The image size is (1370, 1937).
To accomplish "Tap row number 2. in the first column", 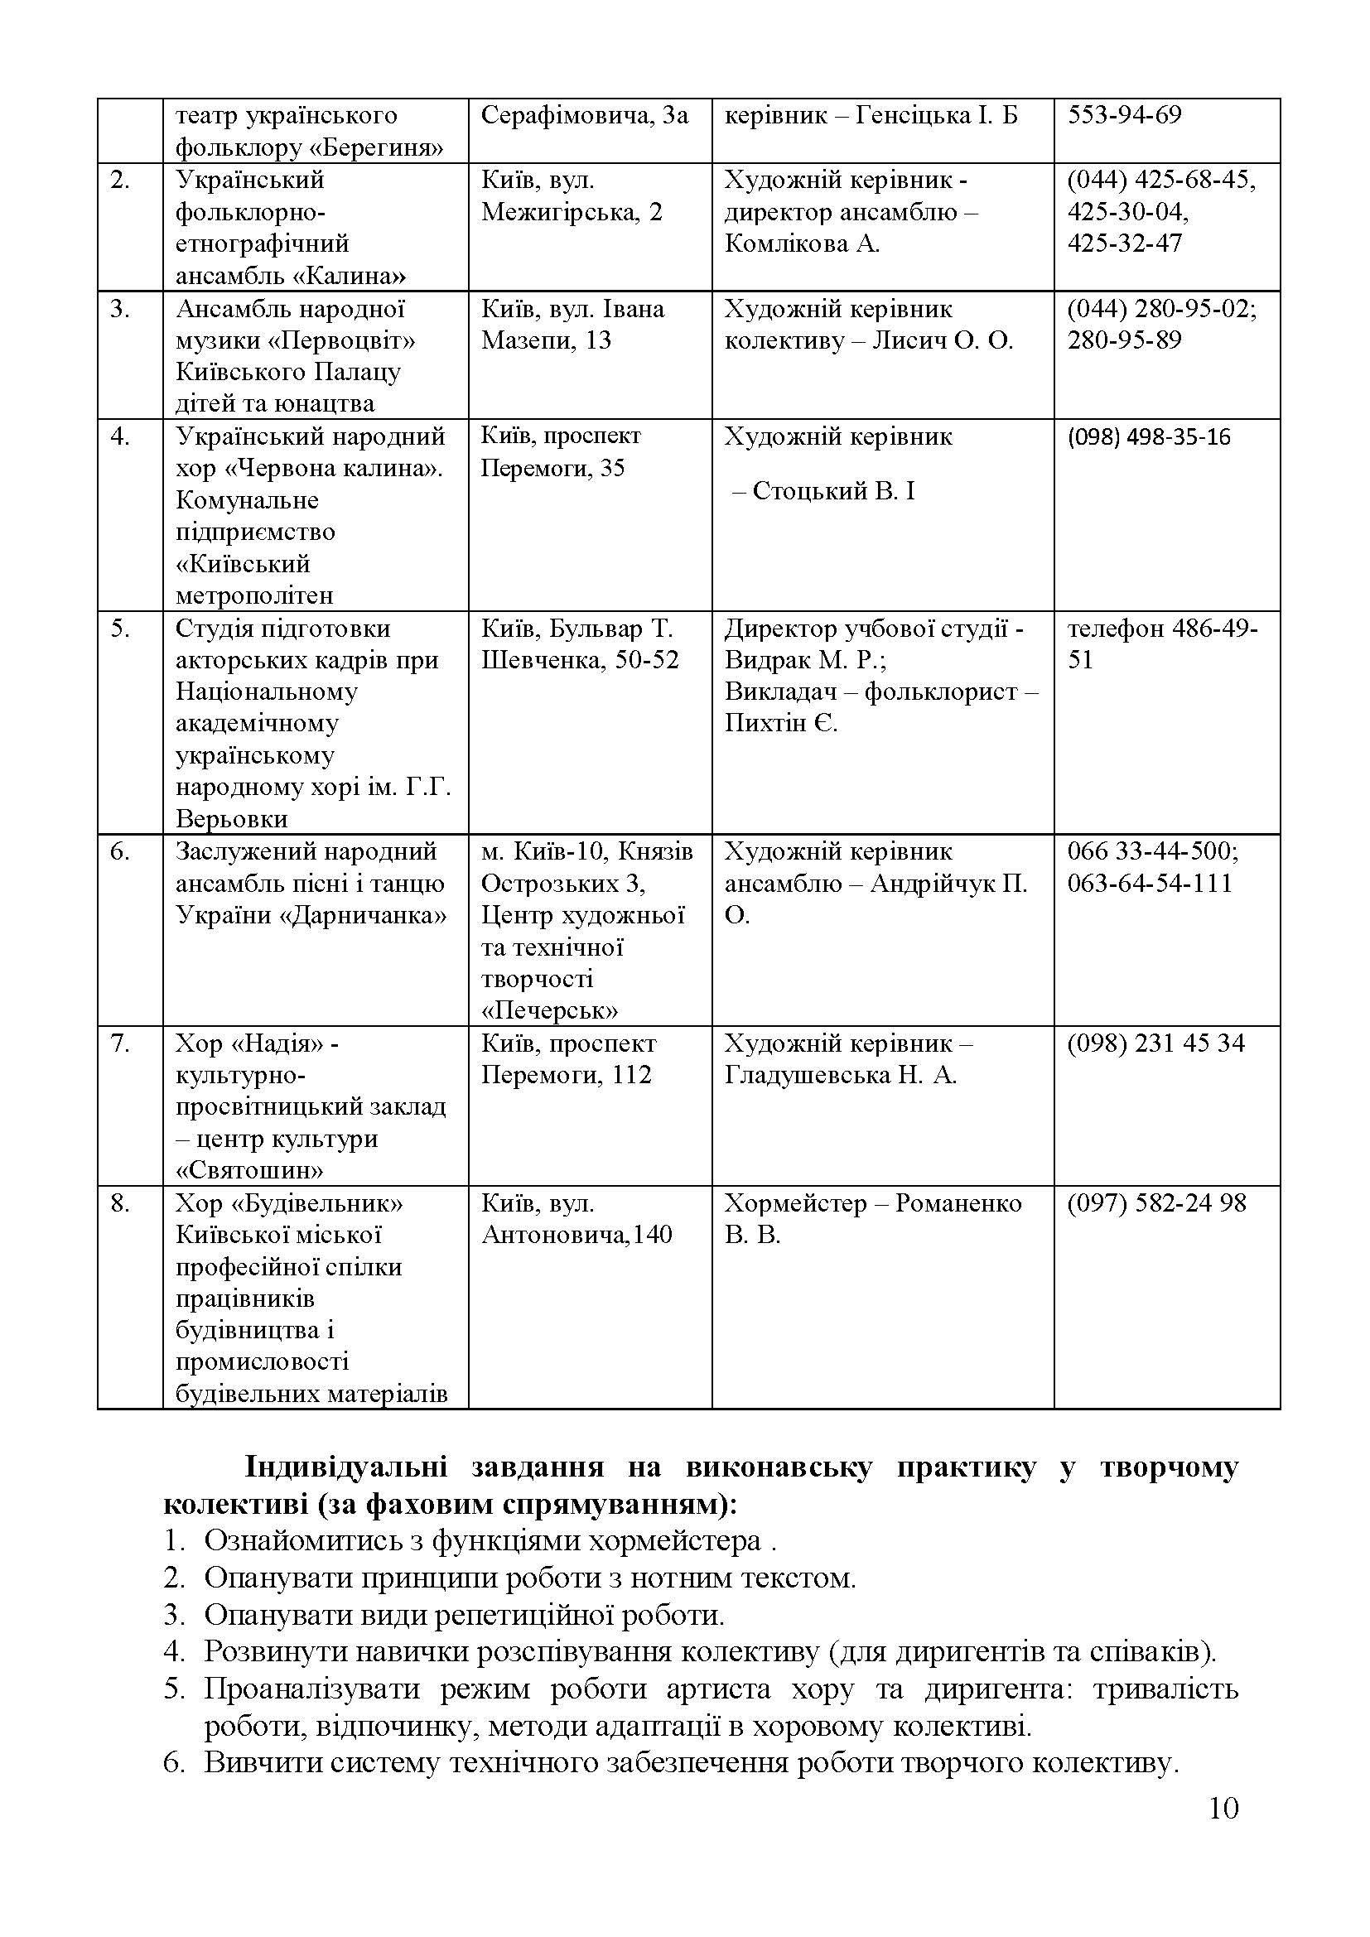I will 121,180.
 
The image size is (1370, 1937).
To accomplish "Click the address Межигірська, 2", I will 572,212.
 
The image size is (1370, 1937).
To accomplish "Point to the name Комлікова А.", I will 802,243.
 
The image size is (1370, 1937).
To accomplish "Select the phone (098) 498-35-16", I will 1148,437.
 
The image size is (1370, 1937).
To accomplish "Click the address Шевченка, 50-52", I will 580,660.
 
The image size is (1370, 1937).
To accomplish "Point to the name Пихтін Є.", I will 781,723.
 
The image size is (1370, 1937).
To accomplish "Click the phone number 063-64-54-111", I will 1149,884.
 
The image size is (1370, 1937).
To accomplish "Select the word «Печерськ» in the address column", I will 550,1010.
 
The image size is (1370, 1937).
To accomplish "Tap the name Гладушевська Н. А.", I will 840,1075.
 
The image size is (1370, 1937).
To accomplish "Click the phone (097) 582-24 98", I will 1155,1203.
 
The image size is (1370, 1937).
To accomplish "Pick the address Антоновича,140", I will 577,1235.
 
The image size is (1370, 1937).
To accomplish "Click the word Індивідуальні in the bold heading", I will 345,1467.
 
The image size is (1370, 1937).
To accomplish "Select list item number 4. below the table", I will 173,1651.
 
